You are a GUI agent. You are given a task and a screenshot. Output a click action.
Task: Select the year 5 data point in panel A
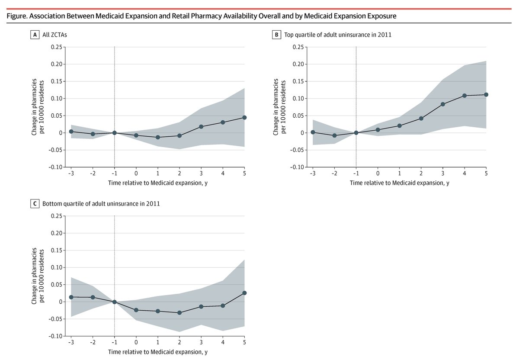[244, 117]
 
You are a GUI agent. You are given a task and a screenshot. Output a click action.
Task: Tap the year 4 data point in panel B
[465, 96]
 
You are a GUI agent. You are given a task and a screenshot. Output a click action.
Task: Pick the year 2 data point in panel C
[179, 312]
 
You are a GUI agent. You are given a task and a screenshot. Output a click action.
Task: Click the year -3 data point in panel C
[71, 297]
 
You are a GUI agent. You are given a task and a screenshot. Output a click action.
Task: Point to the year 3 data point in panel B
[443, 104]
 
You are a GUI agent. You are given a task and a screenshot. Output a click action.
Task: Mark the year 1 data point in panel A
[158, 137]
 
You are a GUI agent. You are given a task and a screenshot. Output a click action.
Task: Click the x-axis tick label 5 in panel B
[486, 174]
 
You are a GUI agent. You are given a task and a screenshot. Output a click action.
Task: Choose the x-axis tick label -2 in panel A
[92, 174]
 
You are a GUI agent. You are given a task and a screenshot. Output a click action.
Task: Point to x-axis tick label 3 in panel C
[201, 342]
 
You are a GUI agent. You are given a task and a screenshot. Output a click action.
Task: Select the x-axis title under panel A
[158, 183]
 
